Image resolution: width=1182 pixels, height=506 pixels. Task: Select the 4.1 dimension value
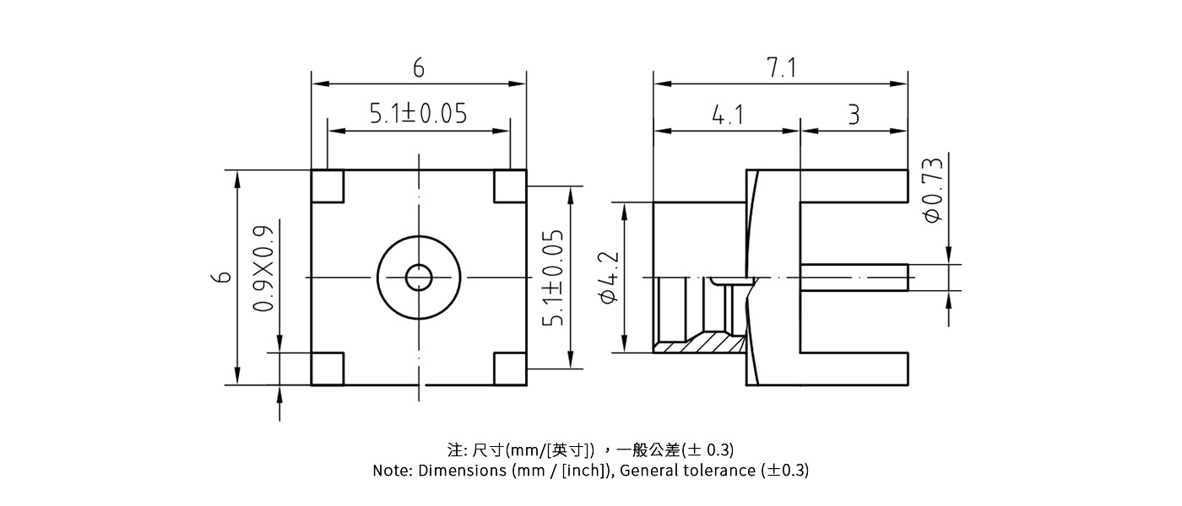[x=728, y=115]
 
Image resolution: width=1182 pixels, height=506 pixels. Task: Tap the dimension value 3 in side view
[x=854, y=115]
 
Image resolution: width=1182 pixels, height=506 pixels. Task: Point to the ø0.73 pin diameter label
[x=934, y=191]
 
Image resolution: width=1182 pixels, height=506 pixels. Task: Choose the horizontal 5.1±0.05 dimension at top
[x=418, y=113]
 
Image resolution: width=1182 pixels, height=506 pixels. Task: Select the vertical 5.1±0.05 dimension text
[x=553, y=277]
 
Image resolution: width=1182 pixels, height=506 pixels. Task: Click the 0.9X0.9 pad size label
[x=264, y=268]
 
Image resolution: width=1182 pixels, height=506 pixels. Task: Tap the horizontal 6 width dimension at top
[x=418, y=68]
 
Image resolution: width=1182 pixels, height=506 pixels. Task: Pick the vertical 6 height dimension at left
[x=222, y=277]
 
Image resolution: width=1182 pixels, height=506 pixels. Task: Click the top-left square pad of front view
[x=328, y=186]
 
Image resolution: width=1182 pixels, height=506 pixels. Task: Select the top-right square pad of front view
[x=510, y=186]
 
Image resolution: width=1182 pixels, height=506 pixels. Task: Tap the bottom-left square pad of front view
[x=328, y=369]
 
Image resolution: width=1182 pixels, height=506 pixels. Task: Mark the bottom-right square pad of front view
[x=510, y=369]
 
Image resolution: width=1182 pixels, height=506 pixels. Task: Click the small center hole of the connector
[x=419, y=277]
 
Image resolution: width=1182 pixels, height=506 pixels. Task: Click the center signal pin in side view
[x=853, y=277]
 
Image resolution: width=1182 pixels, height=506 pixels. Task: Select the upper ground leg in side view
[x=853, y=186]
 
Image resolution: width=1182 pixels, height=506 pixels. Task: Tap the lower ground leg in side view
[x=853, y=369]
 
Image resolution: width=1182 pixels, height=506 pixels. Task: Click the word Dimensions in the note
[x=462, y=471]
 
